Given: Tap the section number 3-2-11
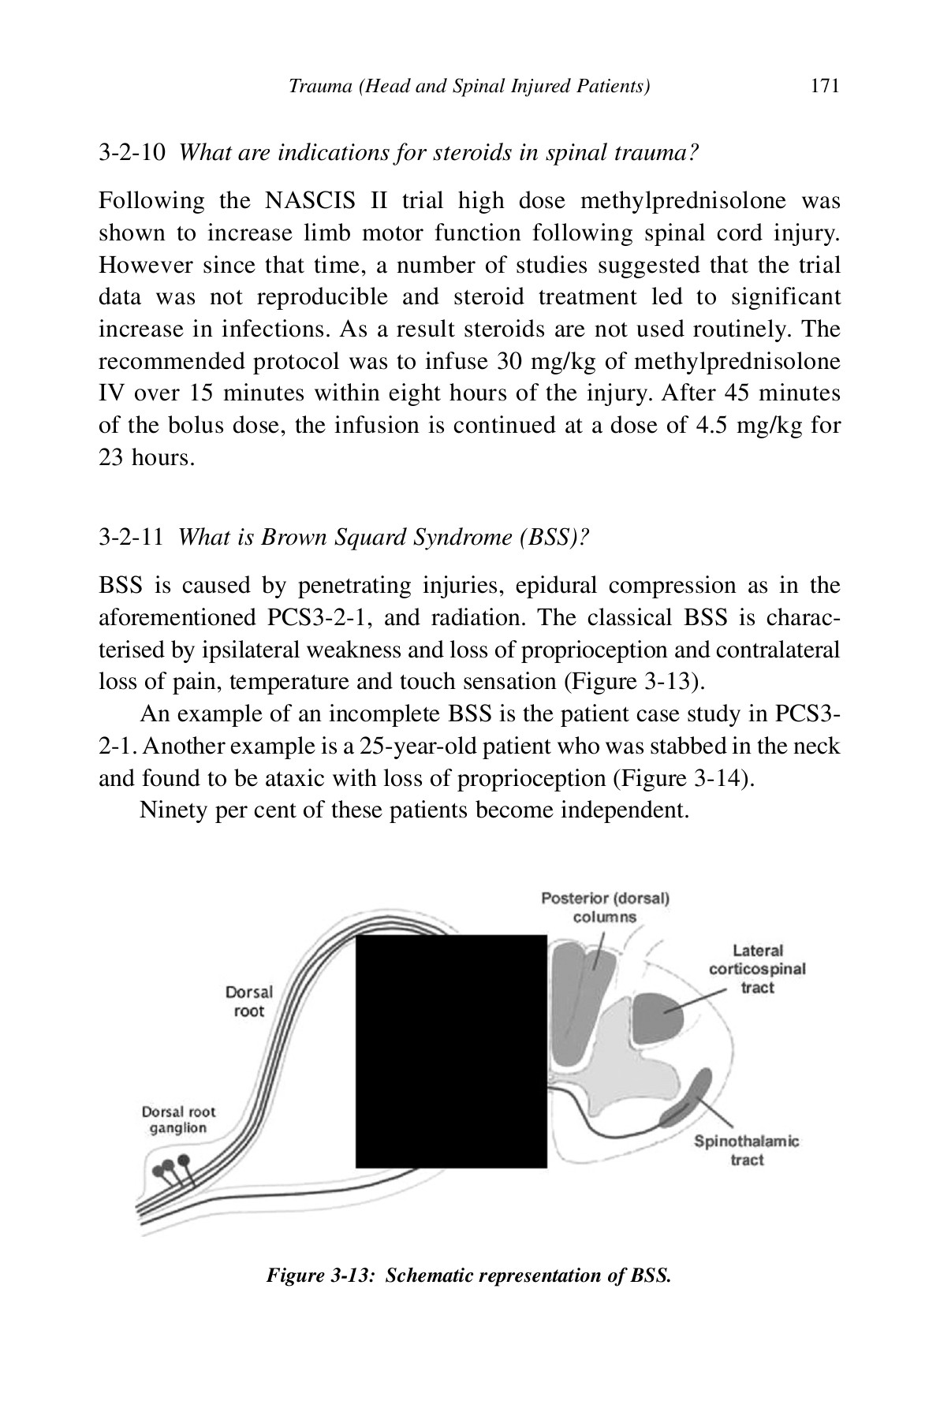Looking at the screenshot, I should pyautogui.click(x=132, y=538).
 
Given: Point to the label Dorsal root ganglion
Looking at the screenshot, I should pyautogui.click(x=178, y=1120).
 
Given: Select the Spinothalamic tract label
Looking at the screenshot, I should pyautogui.click(x=746, y=1150).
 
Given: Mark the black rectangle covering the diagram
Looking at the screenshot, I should pyautogui.click(x=451, y=1051).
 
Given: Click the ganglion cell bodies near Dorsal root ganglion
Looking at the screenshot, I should pyautogui.click(x=173, y=1166).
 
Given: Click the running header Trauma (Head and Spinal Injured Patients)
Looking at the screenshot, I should pyautogui.click(x=469, y=86).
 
